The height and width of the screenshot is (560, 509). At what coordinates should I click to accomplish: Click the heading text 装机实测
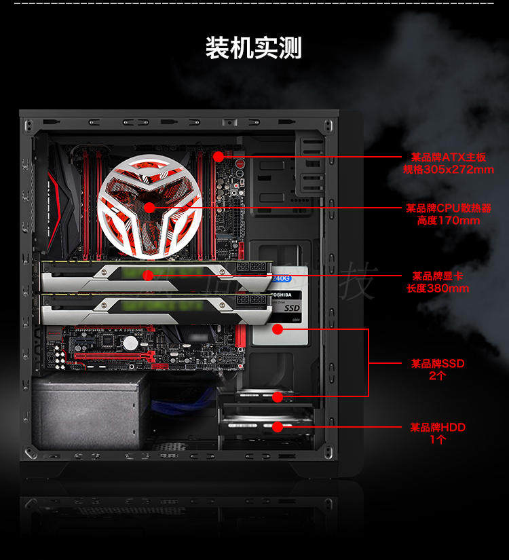(x=254, y=48)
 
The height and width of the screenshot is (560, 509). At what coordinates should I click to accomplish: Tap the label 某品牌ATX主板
(x=449, y=157)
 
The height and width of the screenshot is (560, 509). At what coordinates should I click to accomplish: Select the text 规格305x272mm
(x=449, y=169)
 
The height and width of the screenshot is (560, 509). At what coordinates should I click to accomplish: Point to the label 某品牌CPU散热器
(x=449, y=208)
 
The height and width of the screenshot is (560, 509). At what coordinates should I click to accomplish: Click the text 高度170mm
(x=449, y=220)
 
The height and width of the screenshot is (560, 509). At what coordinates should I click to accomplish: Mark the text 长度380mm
(x=438, y=288)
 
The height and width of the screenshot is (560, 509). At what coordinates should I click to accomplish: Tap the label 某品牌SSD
(x=438, y=363)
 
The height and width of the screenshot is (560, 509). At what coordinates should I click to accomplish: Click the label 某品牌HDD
(x=438, y=427)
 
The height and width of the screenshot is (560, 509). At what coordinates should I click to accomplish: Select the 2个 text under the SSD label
(x=438, y=375)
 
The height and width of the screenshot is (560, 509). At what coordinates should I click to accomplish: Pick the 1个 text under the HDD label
(x=438, y=439)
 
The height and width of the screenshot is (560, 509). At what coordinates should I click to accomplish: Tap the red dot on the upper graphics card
(x=147, y=276)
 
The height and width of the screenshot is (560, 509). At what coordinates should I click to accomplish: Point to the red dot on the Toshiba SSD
(x=277, y=329)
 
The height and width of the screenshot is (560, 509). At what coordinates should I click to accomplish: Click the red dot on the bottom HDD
(x=277, y=427)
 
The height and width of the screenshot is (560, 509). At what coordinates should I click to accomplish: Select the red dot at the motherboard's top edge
(x=218, y=157)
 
